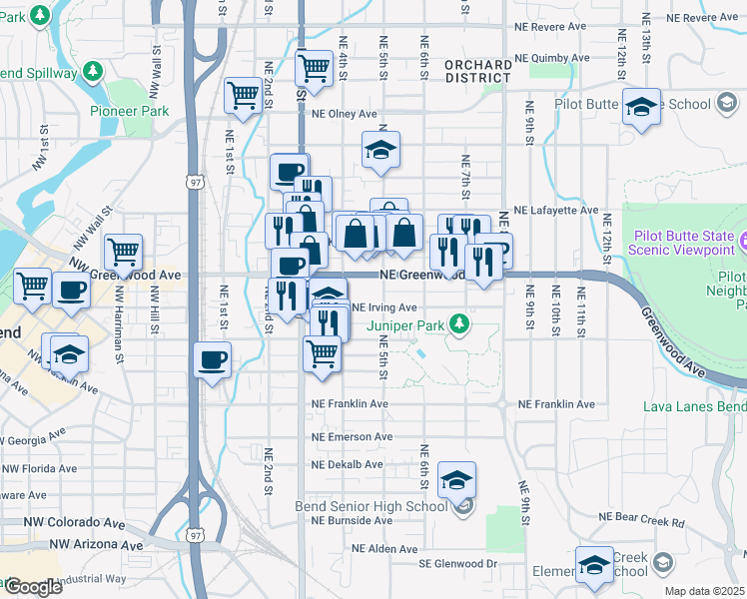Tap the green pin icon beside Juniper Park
point(458,322)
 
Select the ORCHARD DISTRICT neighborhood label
point(478,71)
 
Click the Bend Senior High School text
point(382,506)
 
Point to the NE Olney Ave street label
point(344,114)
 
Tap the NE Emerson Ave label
point(352,437)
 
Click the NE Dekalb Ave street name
point(347,465)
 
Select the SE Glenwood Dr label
point(457,564)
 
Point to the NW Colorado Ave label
point(62,523)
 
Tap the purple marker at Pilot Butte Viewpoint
point(743,240)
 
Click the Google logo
point(33,587)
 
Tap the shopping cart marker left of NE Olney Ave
point(243,96)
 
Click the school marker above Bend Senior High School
point(456,480)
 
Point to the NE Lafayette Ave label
point(555,211)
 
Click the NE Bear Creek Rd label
point(640,521)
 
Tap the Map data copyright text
point(705,591)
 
